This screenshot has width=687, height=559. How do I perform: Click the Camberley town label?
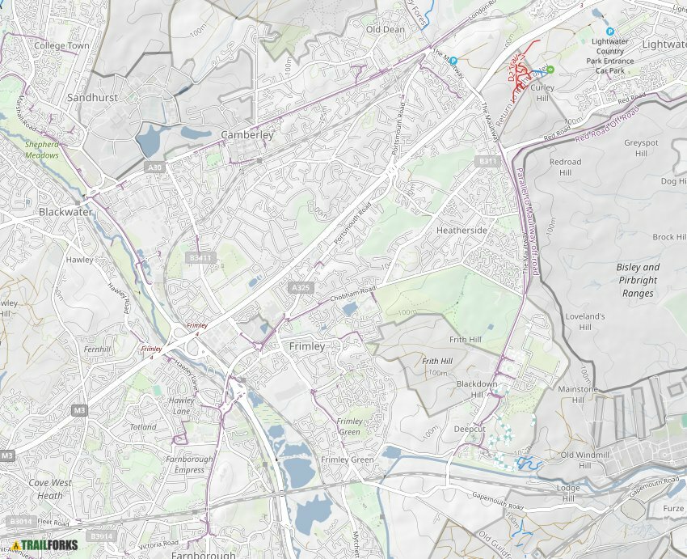coord(247,135)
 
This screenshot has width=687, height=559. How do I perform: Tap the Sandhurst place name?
coord(92,97)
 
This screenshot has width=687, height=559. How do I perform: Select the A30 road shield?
coord(154,167)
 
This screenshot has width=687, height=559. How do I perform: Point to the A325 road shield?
coord(301,287)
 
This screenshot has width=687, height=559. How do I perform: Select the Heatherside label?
coord(462,231)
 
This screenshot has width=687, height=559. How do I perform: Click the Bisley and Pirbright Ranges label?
coord(638,280)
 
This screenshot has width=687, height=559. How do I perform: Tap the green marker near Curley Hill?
coord(550,70)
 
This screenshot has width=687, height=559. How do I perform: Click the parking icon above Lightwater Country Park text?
coord(610,31)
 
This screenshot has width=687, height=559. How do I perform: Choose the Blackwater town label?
coord(65,212)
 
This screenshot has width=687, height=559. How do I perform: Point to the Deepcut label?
coord(469,429)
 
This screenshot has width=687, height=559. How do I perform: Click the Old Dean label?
coord(385,29)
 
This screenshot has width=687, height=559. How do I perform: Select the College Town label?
coord(61,46)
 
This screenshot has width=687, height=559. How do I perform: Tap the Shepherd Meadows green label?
coord(41,150)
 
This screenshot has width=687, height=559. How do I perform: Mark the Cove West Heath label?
coord(49,489)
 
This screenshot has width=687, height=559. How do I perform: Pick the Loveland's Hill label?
coord(584,321)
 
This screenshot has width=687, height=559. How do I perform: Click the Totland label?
coord(143,426)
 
